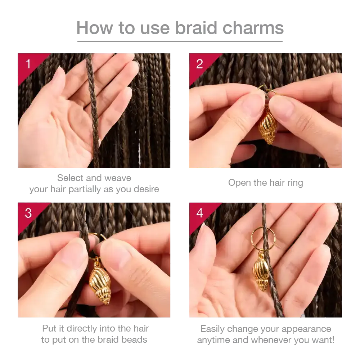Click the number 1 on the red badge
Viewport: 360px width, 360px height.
(x=28, y=64)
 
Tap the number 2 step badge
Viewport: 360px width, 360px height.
(x=199, y=64)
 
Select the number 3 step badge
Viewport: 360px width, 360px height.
(x=28, y=213)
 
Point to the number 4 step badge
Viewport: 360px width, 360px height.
(x=199, y=213)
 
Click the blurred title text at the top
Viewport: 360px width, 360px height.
(x=180, y=28)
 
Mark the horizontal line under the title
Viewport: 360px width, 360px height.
(x=180, y=42)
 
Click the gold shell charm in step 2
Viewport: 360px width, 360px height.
(x=268, y=126)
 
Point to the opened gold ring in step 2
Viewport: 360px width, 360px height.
(x=266, y=90)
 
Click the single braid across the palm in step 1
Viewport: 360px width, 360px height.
(x=93, y=108)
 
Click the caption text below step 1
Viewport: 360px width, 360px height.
(x=95, y=184)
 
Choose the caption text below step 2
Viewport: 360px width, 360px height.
(x=266, y=183)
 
